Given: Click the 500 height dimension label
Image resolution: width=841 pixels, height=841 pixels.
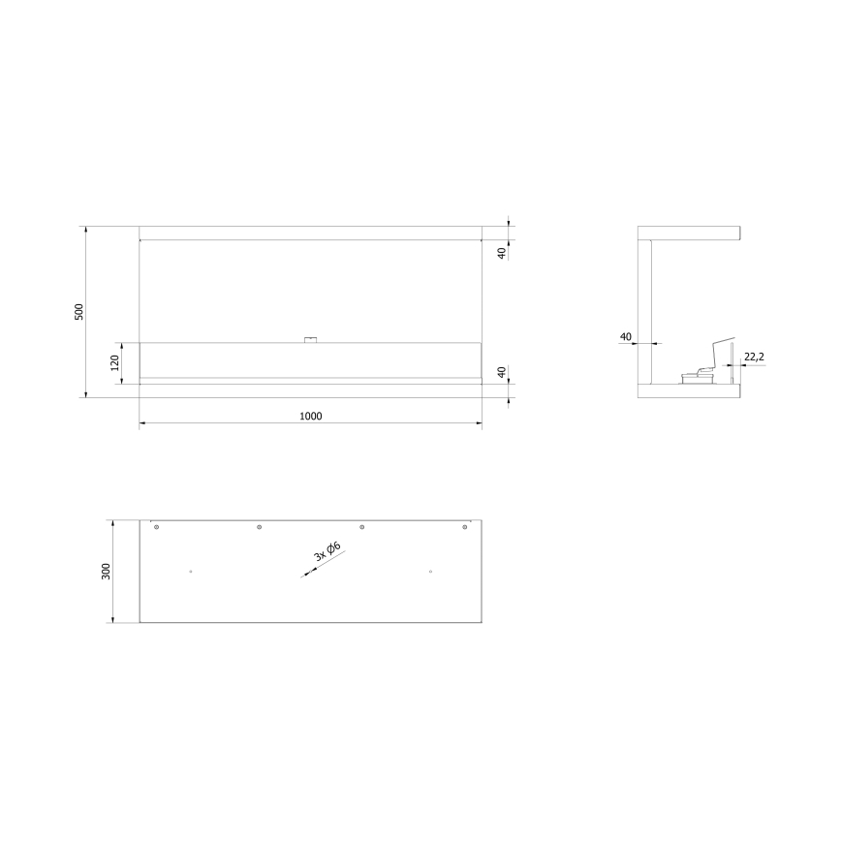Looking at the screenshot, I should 80,312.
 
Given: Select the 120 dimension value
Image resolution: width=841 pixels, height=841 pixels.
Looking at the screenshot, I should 114,362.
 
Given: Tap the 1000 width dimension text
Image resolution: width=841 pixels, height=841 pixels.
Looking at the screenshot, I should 310,416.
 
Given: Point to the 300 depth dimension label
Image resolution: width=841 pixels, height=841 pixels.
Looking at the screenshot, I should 106,572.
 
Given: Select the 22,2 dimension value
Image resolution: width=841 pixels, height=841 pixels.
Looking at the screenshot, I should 754,358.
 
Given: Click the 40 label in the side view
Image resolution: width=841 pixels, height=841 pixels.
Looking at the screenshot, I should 625,336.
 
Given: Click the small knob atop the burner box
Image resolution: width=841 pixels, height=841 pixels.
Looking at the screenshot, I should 310,339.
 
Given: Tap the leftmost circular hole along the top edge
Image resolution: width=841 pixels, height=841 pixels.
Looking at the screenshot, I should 156,527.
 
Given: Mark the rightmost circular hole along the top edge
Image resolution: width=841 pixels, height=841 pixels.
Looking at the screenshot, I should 465,527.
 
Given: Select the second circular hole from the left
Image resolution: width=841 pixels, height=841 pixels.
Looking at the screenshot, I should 259,527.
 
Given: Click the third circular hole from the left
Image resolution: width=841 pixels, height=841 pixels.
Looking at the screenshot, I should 361,527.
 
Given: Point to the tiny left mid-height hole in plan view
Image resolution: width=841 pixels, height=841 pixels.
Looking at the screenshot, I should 191,572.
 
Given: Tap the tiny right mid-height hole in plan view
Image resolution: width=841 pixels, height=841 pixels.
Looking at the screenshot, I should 430,572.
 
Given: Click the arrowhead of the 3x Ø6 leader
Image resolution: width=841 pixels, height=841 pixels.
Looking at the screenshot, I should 306,575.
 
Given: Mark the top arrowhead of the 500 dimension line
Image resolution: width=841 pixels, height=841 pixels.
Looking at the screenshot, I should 86,230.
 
